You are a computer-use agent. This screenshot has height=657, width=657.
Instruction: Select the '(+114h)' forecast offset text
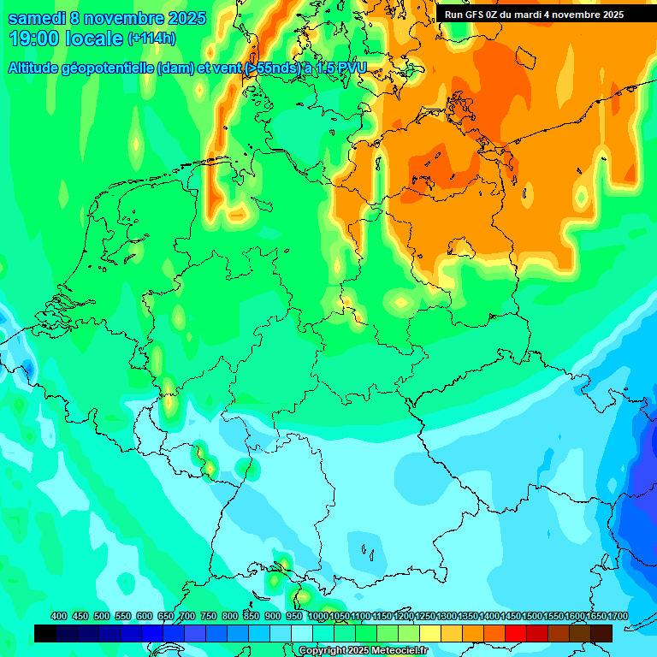[x=151, y=38]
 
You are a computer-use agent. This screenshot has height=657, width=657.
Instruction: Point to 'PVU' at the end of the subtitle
[x=351, y=68]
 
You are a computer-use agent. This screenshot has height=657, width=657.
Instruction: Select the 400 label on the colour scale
[x=59, y=616]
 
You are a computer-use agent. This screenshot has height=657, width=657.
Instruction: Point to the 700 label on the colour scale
[x=187, y=616]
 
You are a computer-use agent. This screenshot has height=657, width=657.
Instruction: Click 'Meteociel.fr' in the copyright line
[x=398, y=651]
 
